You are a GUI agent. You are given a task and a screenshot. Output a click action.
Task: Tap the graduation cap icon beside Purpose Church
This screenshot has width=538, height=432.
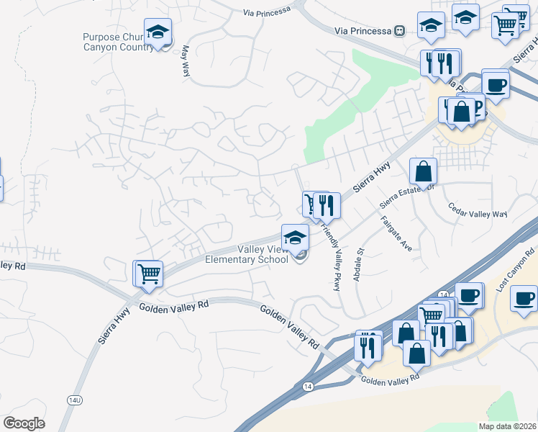point(158,32)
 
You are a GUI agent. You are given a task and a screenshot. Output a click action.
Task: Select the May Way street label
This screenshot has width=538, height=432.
point(186,61)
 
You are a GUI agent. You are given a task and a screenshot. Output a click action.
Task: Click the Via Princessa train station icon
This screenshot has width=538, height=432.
point(399,30)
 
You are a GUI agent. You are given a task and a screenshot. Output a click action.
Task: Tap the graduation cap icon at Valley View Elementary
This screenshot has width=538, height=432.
point(294,238)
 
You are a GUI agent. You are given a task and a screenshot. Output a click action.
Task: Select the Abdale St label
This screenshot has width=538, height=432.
point(360,264)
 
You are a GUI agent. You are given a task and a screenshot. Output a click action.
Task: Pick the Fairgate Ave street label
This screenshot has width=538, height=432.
point(396,233)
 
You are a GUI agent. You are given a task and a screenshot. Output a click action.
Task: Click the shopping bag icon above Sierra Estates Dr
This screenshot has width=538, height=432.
point(423,171)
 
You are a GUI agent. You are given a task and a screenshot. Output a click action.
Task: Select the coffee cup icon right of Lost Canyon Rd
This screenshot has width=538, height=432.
point(524,297)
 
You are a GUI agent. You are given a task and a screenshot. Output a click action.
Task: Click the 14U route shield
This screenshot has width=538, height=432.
point(76,399)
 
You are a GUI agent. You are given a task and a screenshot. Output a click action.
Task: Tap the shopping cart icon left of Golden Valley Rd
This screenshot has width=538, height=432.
point(148,274)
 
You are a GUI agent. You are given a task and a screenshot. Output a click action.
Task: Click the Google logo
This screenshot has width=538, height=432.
point(24,423)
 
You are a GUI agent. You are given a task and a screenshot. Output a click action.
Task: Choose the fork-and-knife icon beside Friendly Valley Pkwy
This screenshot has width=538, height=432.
point(328,206)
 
